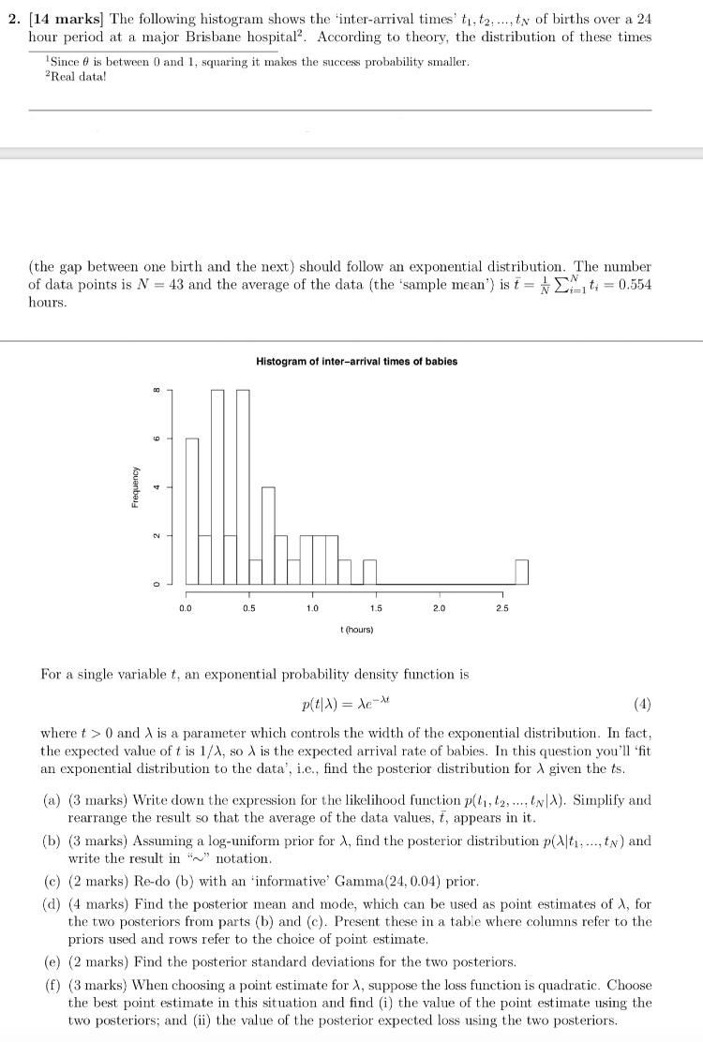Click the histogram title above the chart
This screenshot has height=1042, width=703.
(356, 362)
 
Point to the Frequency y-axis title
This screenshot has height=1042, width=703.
(137, 486)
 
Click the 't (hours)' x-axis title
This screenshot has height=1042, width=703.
(356, 630)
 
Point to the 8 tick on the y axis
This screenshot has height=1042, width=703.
(157, 390)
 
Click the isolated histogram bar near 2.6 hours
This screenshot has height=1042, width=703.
(522, 572)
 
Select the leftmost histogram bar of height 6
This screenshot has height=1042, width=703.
(192, 511)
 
